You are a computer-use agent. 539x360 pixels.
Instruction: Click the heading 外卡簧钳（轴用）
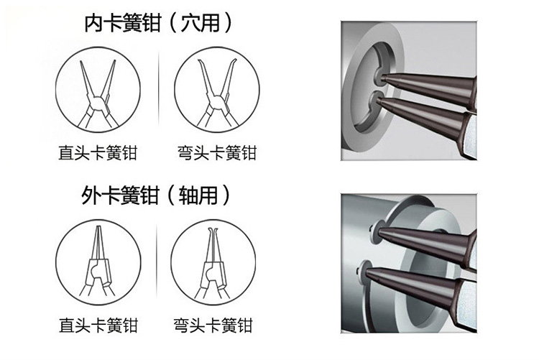click(155, 195)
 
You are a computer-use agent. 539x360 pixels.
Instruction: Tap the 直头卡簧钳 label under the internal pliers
click(98, 152)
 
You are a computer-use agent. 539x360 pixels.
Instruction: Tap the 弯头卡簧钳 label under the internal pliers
click(217, 152)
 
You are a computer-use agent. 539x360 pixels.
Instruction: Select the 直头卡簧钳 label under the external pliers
click(98, 325)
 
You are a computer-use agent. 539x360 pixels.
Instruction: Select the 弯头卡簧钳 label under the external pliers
click(213, 325)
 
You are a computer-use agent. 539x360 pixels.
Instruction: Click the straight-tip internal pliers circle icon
click(98, 90)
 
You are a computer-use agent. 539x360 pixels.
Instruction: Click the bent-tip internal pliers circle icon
click(217, 90)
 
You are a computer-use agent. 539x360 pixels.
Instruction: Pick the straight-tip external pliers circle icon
click(98, 262)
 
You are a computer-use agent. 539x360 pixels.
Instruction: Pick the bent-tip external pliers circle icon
click(213, 262)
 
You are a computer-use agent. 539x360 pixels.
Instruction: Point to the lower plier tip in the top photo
click(378, 100)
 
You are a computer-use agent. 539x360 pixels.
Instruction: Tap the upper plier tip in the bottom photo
click(380, 232)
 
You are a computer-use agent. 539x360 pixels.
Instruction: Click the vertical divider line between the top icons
click(159, 90)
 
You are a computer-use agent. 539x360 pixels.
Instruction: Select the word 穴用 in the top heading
click(201, 24)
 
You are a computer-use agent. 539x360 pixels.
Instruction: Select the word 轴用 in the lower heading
click(198, 195)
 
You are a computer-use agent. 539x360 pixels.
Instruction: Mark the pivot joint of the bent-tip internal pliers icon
click(216, 102)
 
